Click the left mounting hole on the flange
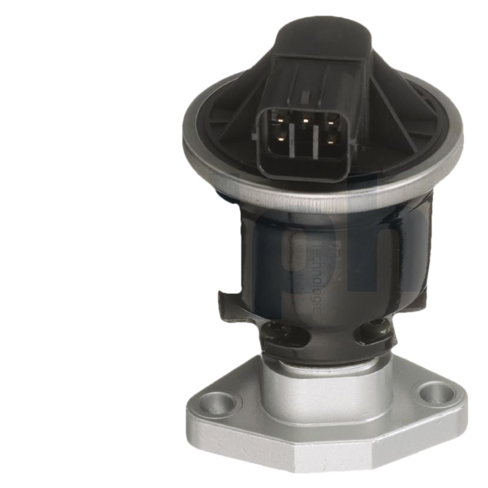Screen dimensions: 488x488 [x=217, y=403]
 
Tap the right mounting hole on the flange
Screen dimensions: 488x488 [x=436, y=392]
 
